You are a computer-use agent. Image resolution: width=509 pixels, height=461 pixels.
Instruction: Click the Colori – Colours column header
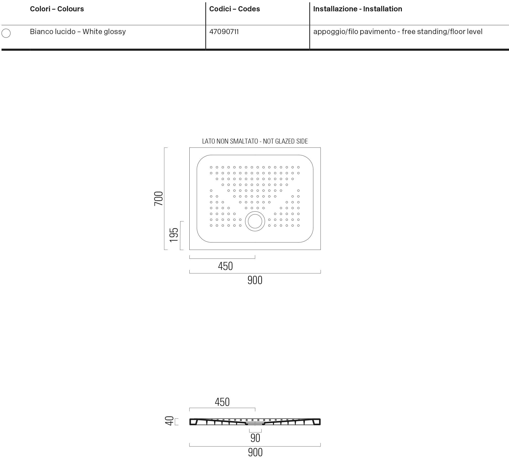[57, 9]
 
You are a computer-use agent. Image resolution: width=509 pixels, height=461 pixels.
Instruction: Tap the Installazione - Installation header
[358, 9]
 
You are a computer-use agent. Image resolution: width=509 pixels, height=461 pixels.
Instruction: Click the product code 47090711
[224, 32]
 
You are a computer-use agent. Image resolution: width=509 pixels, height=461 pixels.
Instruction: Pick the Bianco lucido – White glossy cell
[78, 32]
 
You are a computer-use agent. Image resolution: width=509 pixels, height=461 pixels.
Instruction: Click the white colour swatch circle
[6, 33]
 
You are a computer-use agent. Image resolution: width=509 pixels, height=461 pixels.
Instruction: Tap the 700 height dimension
[159, 199]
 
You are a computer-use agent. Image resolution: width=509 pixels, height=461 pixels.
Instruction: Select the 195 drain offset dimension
[174, 235]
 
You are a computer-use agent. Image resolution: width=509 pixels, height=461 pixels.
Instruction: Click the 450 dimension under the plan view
[225, 266]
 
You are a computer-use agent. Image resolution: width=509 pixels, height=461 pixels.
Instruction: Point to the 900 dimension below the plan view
[255, 280]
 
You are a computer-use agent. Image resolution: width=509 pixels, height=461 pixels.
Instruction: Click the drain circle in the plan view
[255, 221]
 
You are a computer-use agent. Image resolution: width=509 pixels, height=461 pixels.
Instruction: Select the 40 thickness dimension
[169, 421]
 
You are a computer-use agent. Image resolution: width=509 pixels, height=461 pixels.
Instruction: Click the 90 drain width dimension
[255, 438]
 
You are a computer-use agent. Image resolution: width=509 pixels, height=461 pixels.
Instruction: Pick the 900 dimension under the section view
[255, 452]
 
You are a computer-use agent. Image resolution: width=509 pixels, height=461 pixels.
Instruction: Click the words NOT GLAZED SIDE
[285, 141]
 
